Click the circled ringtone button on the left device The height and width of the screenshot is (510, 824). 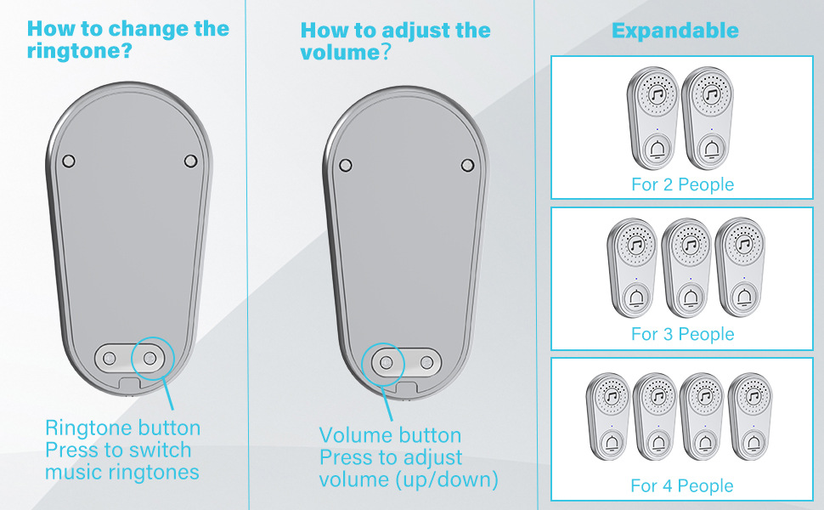pyautogui.click(x=150, y=359)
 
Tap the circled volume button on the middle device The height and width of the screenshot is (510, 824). pyautogui.click(x=386, y=363)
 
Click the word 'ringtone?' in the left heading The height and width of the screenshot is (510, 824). pyautogui.click(x=79, y=52)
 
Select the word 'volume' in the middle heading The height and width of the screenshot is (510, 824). pyautogui.click(x=340, y=53)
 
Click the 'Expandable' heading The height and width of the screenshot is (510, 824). pyautogui.click(x=675, y=31)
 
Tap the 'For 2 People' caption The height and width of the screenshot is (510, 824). pyautogui.click(x=682, y=184)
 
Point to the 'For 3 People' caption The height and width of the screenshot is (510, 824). pyautogui.click(x=682, y=334)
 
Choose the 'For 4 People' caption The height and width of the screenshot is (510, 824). pyautogui.click(x=681, y=486)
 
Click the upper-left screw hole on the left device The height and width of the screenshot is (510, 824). pyautogui.click(x=69, y=161)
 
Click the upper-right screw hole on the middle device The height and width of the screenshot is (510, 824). pyautogui.click(x=467, y=166)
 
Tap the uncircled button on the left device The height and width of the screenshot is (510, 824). pyautogui.click(x=110, y=359)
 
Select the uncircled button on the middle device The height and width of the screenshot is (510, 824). pyautogui.click(x=426, y=363)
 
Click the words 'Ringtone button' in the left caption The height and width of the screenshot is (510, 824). pyautogui.click(x=123, y=428)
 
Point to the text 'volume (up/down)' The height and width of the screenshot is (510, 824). pyautogui.click(x=409, y=479)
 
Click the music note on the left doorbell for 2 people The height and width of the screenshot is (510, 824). pyautogui.click(x=657, y=95)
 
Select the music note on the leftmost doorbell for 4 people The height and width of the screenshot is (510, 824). pyautogui.click(x=611, y=396)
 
